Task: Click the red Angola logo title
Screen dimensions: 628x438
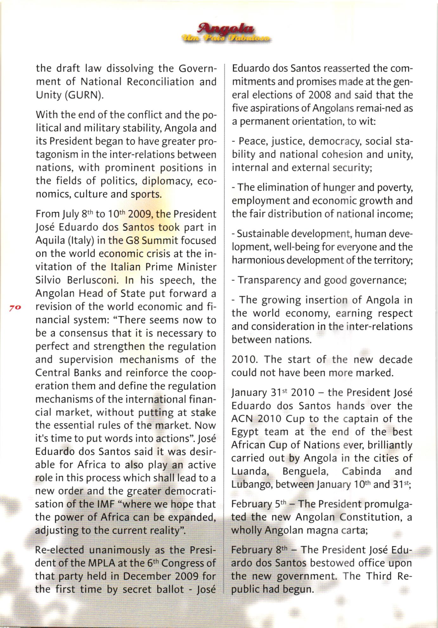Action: point(225,29)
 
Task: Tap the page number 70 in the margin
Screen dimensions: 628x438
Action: point(15,307)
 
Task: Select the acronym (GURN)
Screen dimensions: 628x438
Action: point(83,95)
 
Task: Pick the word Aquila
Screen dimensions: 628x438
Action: point(50,241)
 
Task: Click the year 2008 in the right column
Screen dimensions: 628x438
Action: point(320,95)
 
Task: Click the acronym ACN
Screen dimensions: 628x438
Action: point(242,419)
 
